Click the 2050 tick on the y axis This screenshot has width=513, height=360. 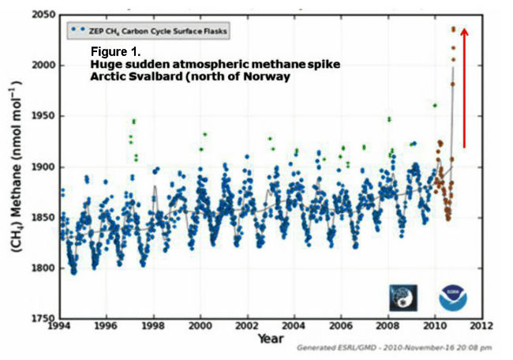(43, 15)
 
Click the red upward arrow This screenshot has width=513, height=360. (464, 87)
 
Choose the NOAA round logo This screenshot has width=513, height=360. (451, 297)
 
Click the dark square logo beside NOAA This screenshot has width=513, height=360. (403, 297)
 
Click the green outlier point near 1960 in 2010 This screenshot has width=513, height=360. (435, 105)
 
